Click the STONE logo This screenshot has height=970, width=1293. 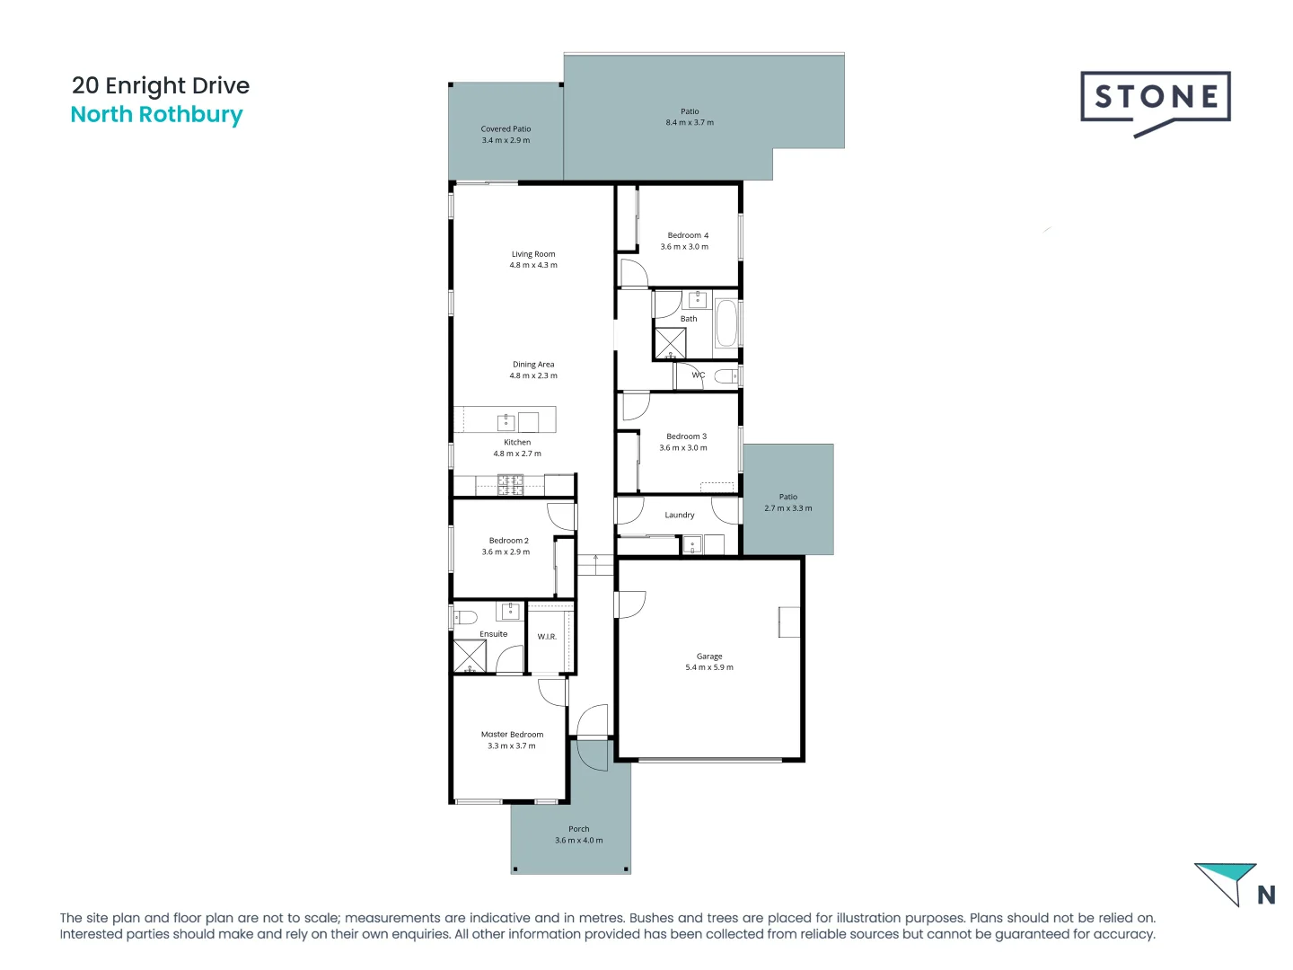point(1155,99)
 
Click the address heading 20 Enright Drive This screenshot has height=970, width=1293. point(161,85)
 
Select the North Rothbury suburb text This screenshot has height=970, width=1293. point(156,115)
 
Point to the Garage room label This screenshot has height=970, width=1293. point(709,657)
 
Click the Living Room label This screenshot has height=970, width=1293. point(533,254)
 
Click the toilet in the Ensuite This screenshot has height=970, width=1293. point(463,617)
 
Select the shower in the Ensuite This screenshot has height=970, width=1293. point(469,656)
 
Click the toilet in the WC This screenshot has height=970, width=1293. point(726,375)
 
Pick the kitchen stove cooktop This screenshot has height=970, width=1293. point(510,485)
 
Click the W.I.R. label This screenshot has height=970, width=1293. point(547,637)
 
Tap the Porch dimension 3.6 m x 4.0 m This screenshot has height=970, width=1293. point(579,841)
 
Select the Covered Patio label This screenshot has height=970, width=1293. point(506,129)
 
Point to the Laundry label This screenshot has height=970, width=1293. point(680,516)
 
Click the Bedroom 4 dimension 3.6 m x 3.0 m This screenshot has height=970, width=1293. point(684,247)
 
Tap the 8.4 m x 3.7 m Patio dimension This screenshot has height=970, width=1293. point(690,123)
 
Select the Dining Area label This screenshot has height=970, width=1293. point(533,365)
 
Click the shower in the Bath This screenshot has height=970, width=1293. point(670,344)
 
